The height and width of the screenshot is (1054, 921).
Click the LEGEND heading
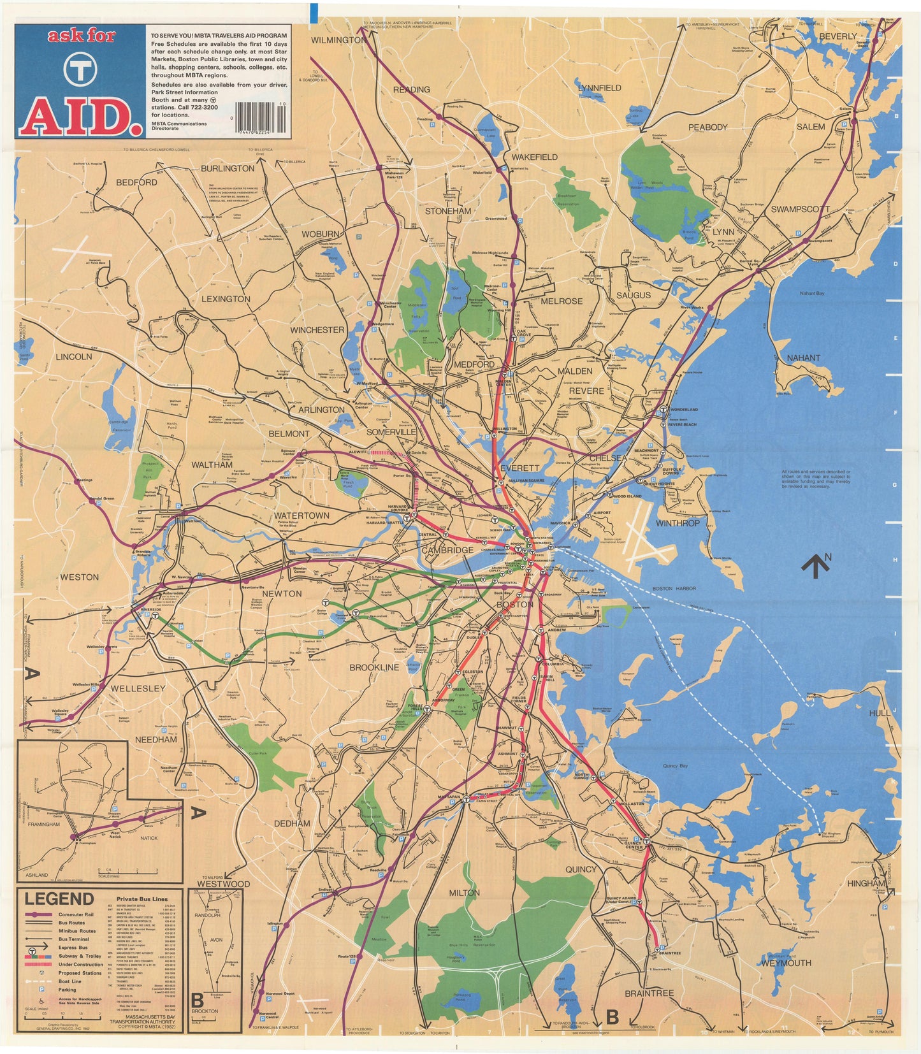59,899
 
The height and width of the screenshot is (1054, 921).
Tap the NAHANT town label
803,357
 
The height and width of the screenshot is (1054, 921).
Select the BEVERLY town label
838,36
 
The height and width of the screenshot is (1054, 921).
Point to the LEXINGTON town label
226,298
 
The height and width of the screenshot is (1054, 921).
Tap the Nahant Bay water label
812,293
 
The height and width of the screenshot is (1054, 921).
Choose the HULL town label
880,713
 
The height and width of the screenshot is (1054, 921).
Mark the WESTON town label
79,577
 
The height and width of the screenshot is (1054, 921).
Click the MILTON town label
464,892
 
